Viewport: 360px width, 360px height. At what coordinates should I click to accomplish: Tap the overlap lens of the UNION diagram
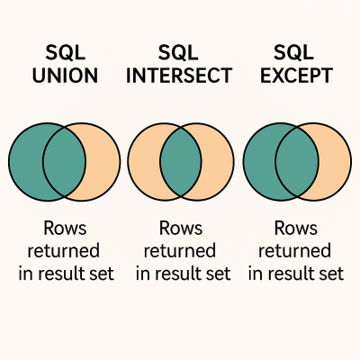65,163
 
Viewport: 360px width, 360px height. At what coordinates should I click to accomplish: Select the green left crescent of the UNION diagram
25,163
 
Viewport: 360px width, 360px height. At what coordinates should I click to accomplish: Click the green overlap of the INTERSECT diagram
180,163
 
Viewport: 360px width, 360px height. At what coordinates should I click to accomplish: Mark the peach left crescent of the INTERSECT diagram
143,163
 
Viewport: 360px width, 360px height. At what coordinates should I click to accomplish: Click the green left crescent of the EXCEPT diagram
258,163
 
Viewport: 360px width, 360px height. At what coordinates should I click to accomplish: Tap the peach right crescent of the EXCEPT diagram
335,163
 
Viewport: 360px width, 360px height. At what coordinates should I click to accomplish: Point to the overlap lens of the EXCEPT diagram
296,163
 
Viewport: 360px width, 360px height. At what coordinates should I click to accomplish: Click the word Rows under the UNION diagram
64,229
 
